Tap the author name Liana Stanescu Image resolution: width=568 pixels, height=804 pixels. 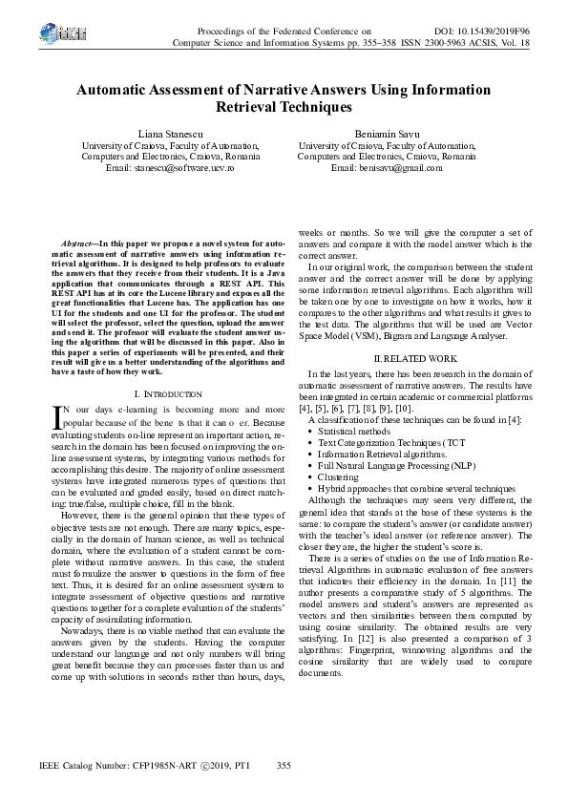pyautogui.click(x=157, y=134)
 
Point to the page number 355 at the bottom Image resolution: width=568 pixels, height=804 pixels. pyautogui.click(x=283, y=765)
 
